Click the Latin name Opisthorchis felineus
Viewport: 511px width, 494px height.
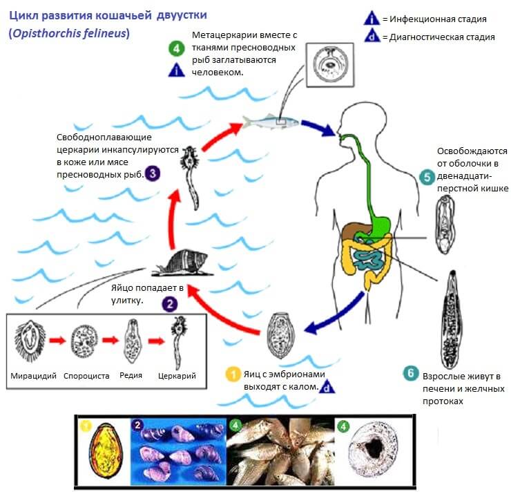(x=69, y=33)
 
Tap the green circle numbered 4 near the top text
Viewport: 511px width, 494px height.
(x=176, y=48)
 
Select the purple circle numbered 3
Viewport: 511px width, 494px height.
(x=152, y=173)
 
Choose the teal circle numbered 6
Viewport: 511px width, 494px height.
(x=411, y=374)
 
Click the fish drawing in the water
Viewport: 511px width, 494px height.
(x=271, y=122)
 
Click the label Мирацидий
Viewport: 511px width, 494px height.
(x=33, y=377)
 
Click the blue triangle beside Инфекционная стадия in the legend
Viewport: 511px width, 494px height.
(x=372, y=19)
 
